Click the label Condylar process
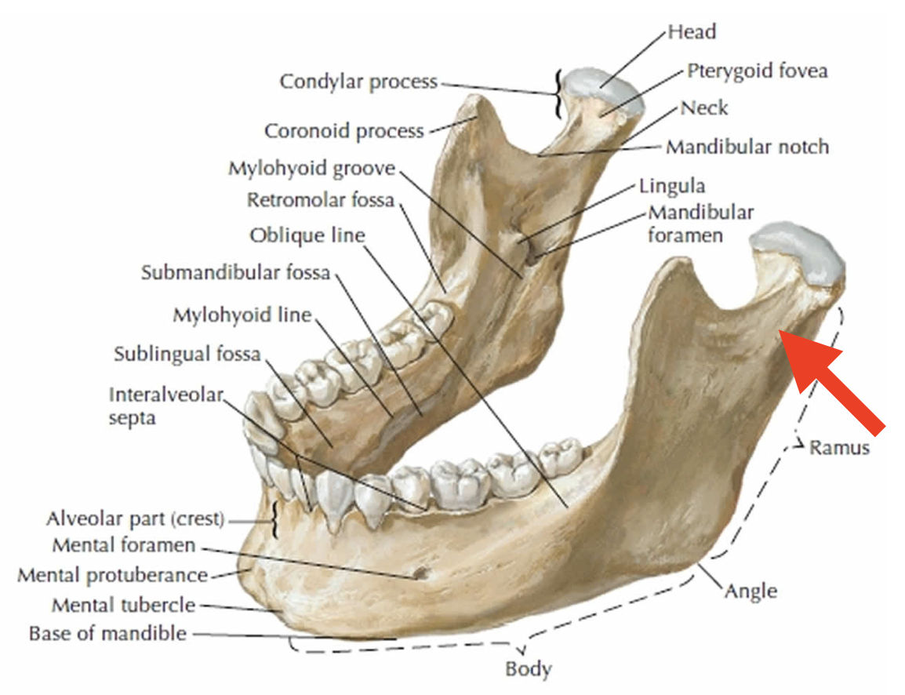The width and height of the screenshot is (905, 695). pos(358,82)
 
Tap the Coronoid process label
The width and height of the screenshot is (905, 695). pos(343,130)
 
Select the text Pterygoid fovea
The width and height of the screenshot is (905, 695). pos(757,71)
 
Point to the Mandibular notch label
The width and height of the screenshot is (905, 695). pos(747,147)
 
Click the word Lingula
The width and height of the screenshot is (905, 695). pos(672,186)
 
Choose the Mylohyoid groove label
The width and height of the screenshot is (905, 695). pos(312,169)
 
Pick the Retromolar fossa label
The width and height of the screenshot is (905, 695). pos(321,200)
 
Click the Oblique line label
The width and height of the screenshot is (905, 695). pos(307,235)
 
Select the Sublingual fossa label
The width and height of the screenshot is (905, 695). pos(187,354)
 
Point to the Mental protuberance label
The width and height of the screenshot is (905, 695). pos(112,575)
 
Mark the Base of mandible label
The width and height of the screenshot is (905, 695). pos(107,633)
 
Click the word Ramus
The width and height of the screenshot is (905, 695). pos(840,447)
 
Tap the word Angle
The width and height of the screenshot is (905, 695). pos(751,590)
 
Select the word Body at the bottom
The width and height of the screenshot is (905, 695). pos(529,669)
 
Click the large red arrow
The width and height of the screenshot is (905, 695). pos(834,380)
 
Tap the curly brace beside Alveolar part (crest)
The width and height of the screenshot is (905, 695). pos(274,519)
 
